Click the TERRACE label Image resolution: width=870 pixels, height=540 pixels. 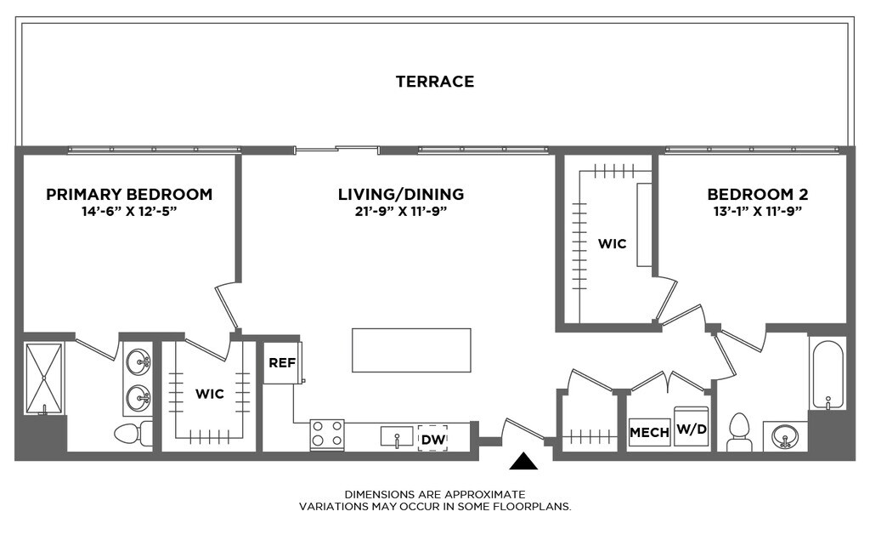coord(435,82)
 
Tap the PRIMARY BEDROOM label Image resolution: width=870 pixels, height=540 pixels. coord(129,195)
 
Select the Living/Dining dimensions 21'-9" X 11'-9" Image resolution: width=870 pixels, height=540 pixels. coord(401,211)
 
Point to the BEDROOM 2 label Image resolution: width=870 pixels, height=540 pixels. coord(757,195)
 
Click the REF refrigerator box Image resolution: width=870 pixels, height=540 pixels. coord(282,363)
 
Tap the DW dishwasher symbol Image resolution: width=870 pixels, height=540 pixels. coord(432,439)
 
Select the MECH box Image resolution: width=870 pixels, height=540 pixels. coord(649,432)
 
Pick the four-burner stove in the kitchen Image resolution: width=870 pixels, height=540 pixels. coord(327,435)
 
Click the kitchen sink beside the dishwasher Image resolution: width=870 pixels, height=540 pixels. coord(397,436)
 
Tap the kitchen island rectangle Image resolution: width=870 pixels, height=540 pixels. coord(412,350)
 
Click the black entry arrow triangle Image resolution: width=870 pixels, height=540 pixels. coord(523,461)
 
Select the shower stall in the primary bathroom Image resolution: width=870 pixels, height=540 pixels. coord(44,378)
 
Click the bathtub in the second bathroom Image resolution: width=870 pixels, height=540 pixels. coord(828,375)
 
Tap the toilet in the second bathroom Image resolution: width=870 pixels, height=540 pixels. coord(740,431)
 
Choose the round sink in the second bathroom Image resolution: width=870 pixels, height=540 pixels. coord(784,435)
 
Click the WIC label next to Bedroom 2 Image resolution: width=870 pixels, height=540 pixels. coord(612,244)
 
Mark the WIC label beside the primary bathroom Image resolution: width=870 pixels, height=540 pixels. coord(210,394)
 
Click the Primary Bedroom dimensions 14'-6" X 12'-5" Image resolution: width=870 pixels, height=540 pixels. coord(129,211)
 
